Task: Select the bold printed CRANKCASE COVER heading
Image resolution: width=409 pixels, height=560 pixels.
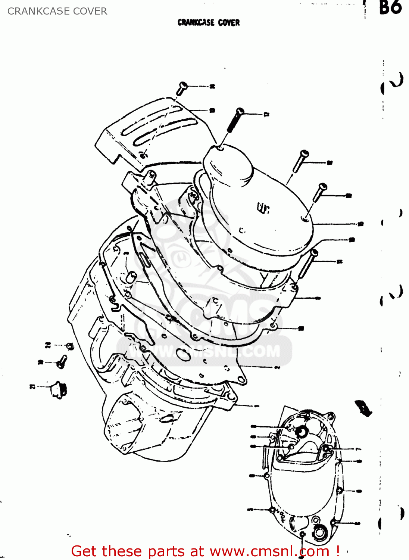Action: coord(209,23)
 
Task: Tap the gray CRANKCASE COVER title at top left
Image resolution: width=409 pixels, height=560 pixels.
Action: coord(57,11)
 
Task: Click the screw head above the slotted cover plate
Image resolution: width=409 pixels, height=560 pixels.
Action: coord(182,87)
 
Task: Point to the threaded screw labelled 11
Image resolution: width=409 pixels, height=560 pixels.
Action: coord(234,121)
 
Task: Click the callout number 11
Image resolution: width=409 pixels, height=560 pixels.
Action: coord(266,115)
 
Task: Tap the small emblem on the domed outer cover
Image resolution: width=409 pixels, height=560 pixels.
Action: coord(263,208)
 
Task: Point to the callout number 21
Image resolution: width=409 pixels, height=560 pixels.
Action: coord(32,387)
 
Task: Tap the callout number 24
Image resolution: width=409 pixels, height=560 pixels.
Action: coord(48,345)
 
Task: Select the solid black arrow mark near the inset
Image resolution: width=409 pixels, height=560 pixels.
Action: coord(363,408)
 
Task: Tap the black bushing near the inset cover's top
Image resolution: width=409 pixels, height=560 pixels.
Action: coord(301,432)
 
